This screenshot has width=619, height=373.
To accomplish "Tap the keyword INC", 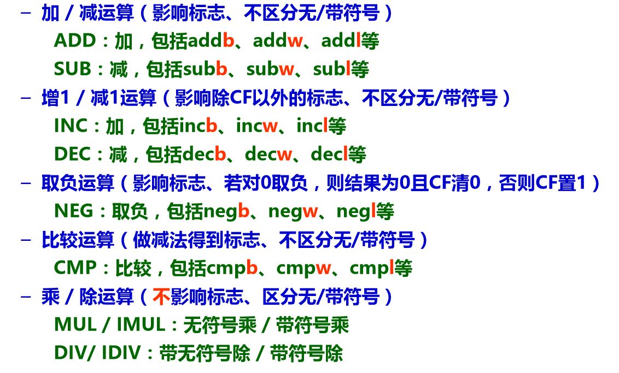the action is point(71,126).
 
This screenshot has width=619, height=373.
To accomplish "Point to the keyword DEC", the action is point(72,155).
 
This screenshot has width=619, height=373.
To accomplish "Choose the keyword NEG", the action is point(72,211).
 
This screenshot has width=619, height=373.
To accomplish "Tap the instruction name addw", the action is point(277,41).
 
